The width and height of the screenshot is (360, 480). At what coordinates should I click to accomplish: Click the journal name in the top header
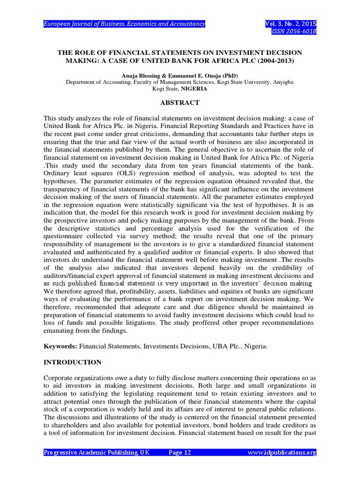(124, 24)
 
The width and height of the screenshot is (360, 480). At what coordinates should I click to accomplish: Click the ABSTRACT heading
(180, 103)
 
